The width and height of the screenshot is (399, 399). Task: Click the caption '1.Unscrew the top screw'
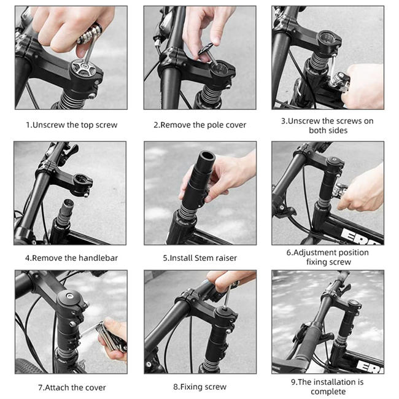pyautogui.click(x=71, y=125)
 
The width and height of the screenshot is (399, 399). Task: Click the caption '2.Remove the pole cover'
pyautogui.click(x=199, y=125)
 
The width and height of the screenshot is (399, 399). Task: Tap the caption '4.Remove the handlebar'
pyautogui.click(x=71, y=258)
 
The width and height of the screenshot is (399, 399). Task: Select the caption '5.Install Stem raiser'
pyautogui.click(x=199, y=258)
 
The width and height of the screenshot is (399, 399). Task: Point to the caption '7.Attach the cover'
pyautogui.click(x=71, y=387)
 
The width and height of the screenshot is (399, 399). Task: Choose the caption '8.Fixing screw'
pyautogui.click(x=199, y=387)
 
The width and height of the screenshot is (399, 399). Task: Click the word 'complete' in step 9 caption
pyautogui.click(x=327, y=392)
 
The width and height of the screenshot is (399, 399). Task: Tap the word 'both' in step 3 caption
pyautogui.click(x=317, y=130)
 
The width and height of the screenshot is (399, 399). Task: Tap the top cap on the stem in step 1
pyautogui.click(x=80, y=68)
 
